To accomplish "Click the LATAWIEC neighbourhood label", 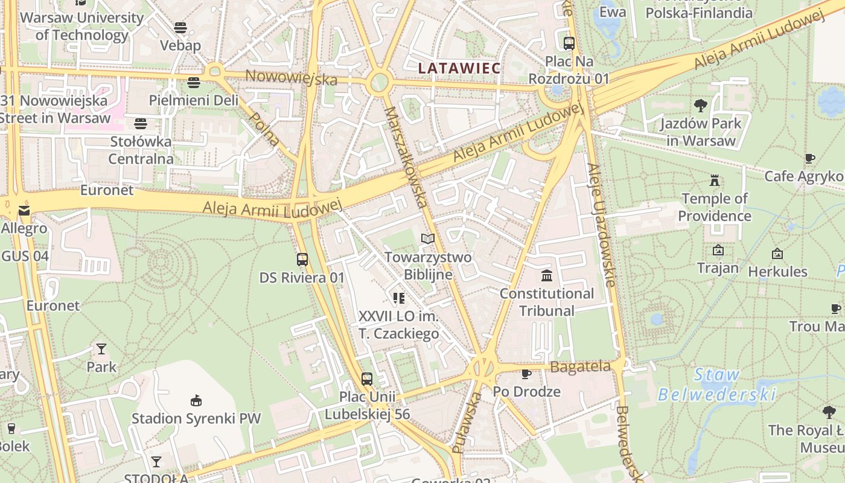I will [x=459, y=68].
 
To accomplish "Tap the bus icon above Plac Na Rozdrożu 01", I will [x=569, y=43].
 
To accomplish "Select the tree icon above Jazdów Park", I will [x=701, y=106].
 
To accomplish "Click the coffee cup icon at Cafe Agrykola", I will [x=810, y=159].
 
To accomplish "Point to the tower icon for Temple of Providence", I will [x=715, y=181].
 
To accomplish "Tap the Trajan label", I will [x=718, y=267].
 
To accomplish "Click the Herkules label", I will [x=777, y=272].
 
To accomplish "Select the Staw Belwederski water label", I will [x=716, y=385].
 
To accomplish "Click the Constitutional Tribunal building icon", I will [x=547, y=276].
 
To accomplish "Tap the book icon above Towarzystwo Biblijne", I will [x=428, y=239].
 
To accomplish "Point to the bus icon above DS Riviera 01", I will [x=302, y=260].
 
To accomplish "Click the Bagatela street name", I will [x=580, y=366].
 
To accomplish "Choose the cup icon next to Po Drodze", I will [x=526, y=374].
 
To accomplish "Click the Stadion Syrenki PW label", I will [x=196, y=418].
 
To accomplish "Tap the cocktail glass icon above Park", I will [x=101, y=349].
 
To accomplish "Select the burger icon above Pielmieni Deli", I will [x=194, y=83].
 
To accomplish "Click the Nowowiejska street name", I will [x=292, y=77].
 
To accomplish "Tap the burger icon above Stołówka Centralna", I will [x=141, y=124].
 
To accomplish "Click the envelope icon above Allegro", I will [x=24, y=211].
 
